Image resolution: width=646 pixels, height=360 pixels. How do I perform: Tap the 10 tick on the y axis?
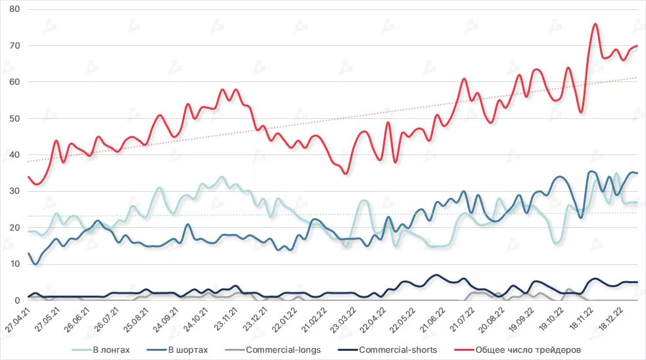[x=14, y=264]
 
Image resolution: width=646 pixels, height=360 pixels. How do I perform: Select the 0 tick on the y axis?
[x=16, y=301]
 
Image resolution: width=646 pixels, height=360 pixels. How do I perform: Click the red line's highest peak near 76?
[x=595, y=24]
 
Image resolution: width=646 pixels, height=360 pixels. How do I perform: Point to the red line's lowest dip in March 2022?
[x=346, y=173]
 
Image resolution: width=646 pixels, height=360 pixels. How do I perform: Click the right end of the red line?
[x=637, y=46]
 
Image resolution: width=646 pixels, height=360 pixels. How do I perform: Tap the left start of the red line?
[x=28, y=177]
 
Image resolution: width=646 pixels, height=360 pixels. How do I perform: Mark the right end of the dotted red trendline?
[x=637, y=78]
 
